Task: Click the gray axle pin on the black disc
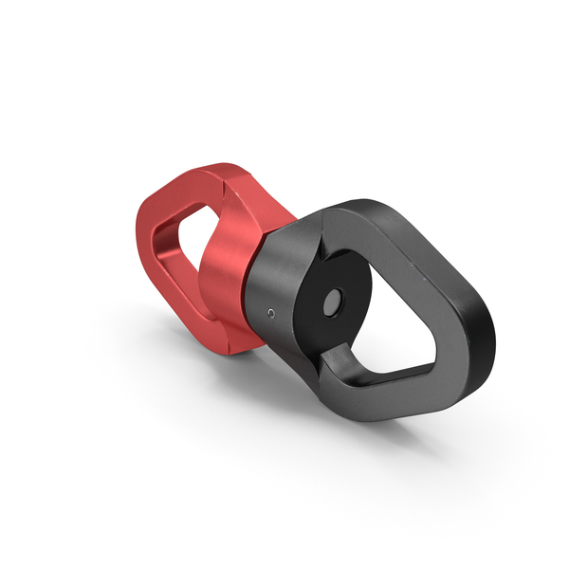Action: click(334, 303)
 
